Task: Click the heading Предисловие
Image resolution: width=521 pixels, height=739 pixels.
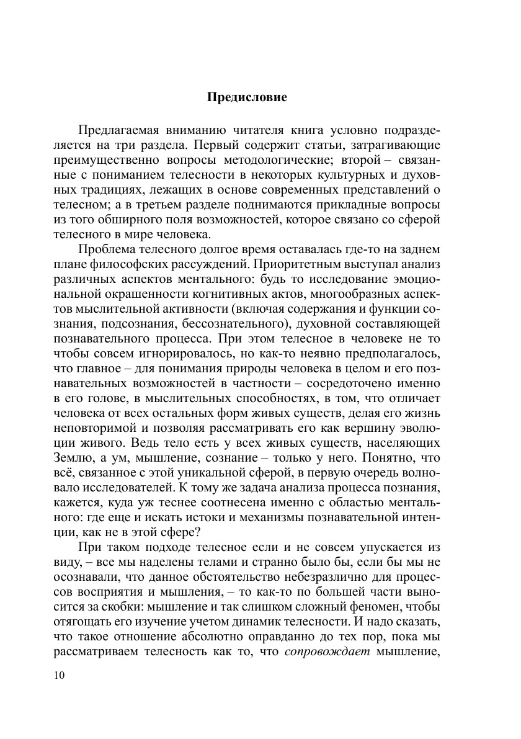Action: (246, 97)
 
